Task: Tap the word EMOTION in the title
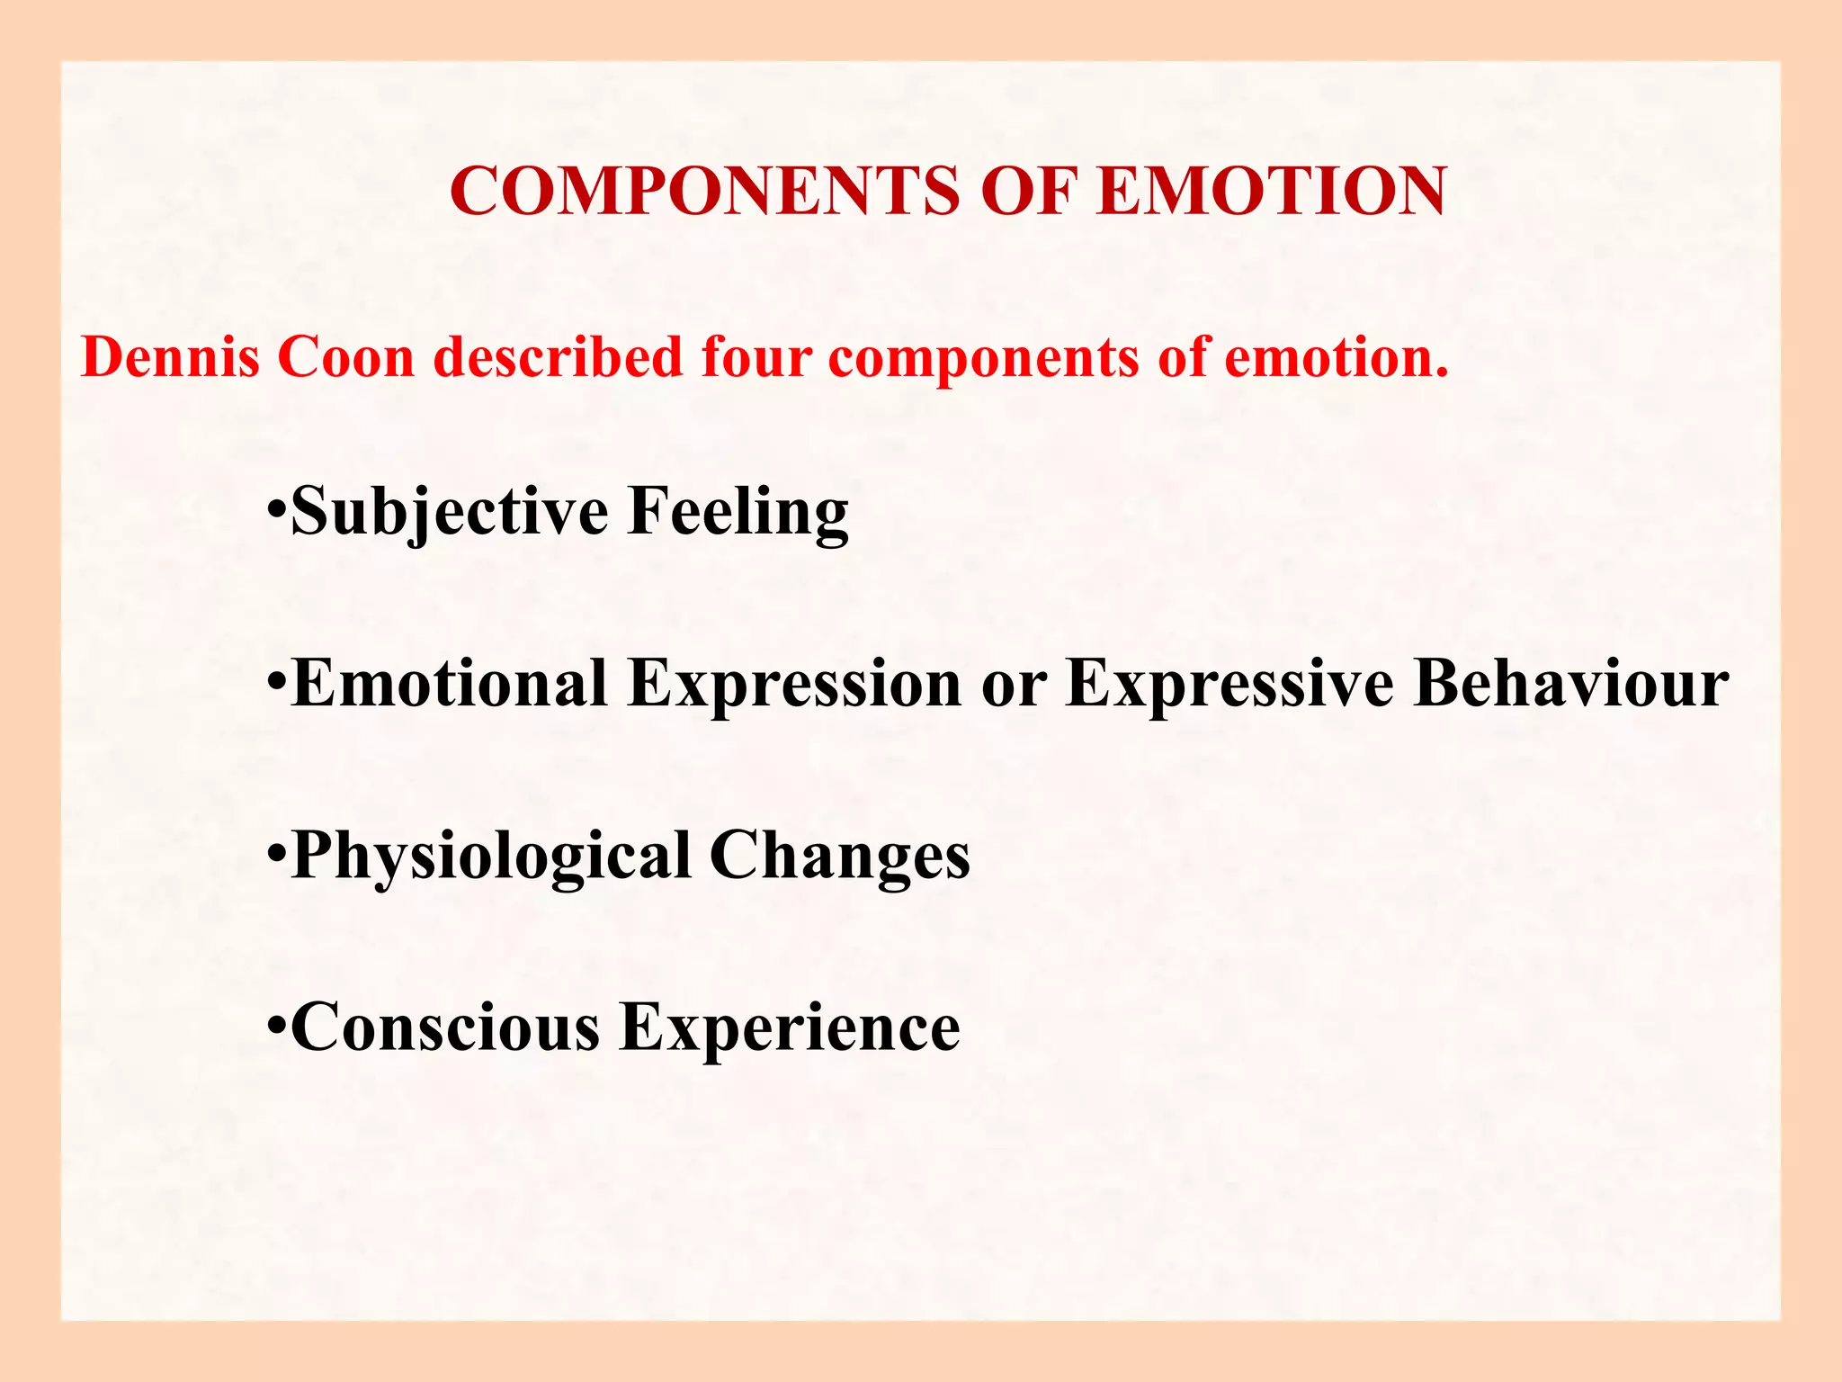(x=1272, y=192)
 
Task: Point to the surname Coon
(x=345, y=357)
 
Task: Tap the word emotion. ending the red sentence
(x=1337, y=357)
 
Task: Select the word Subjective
(x=450, y=511)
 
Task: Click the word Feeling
(x=738, y=511)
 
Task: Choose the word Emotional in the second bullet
(x=450, y=683)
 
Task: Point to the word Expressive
(x=1229, y=683)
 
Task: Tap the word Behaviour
(x=1571, y=683)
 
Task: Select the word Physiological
(x=492, y=855)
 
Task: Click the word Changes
(x=840, y=855)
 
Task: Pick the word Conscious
(x=446, y=1027)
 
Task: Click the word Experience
(x=791, y=1027)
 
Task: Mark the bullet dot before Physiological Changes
(x=278, y=851)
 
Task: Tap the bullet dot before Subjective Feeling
(x=278, y=508)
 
